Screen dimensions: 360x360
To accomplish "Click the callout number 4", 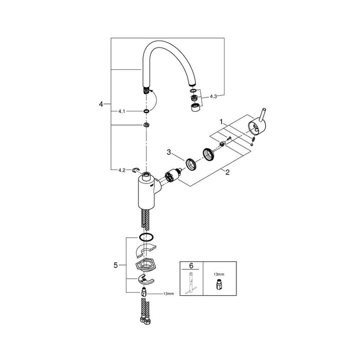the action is (101, 104).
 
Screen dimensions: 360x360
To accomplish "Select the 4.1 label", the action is (122, 112).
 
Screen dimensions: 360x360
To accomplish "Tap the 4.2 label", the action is (122, 170).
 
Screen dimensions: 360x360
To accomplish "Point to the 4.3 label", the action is (213, 97).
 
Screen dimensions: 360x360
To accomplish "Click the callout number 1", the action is (221, 122).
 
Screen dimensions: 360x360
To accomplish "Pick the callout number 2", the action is (227, 172).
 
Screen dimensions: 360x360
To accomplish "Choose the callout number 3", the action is (169, 152).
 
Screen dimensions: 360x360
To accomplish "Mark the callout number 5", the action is (116, 265).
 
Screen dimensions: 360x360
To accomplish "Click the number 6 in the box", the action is (191, 266).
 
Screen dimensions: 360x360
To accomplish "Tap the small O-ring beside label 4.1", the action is (146, 112).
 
